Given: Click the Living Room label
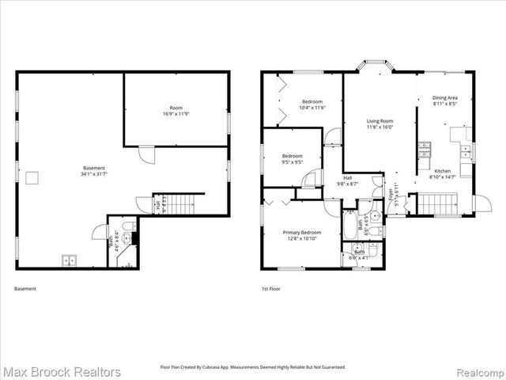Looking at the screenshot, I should [x=379, y=122].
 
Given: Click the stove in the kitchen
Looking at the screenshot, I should [x=425, y=149].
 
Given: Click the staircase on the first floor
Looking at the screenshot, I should [x=436, y=204].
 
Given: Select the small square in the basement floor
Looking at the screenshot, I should [x=32, y=178].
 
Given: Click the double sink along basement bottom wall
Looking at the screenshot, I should [x=69, y=260].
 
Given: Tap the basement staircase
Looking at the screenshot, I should [x=179, y=204].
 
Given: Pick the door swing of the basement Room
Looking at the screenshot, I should [x=146, y=154].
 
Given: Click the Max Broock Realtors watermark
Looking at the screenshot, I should [x=62, y=371].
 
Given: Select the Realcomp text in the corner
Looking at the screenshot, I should [x=479, y=372].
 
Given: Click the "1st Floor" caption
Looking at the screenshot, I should [x=270, y=289].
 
